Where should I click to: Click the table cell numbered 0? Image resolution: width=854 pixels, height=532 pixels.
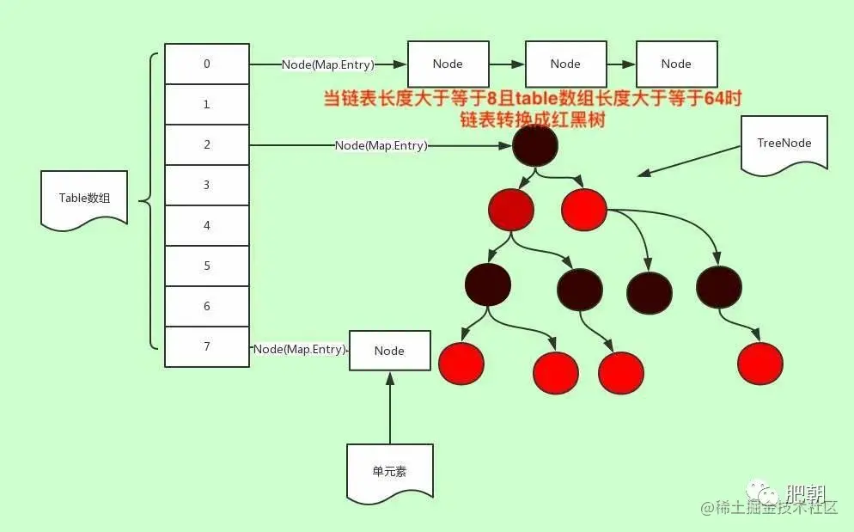tap(207, 64)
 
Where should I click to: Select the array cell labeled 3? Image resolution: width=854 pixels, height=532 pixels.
tap(207, 185)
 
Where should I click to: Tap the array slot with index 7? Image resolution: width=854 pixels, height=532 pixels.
tap(207, 346)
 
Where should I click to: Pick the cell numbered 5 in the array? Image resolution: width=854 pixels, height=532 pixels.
tap(207, 266)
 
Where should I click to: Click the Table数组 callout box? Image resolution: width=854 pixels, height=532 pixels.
tap(84, 198)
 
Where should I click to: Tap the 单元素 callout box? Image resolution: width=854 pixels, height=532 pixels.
tap(389, 471)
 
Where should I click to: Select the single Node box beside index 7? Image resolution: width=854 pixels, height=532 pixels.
tap(389, 351)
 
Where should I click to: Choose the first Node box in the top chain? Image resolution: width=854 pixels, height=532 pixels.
tap(448, 64)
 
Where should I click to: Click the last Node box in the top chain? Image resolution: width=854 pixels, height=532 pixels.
tap(676, 64)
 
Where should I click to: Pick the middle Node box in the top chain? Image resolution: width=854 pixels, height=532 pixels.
tap(565, 64)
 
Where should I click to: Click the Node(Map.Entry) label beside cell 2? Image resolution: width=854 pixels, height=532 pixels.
tap(381, 145)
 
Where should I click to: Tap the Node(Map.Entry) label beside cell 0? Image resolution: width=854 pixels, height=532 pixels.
tap(327, 64)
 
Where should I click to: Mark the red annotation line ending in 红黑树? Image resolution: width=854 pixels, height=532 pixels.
tap(532, 120)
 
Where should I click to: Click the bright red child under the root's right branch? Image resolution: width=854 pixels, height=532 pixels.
tap(584, 207)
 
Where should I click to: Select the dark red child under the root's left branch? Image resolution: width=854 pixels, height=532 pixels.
tap(510, 207)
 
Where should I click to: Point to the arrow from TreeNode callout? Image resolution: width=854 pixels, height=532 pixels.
tap(687, 162)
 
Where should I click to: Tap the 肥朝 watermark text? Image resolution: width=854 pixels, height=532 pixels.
tap(805, 493)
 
